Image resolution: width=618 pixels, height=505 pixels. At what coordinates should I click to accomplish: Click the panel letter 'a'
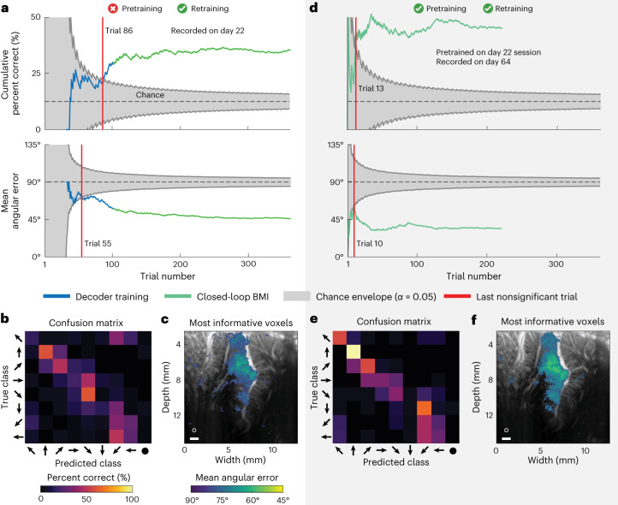tap(5, 7)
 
